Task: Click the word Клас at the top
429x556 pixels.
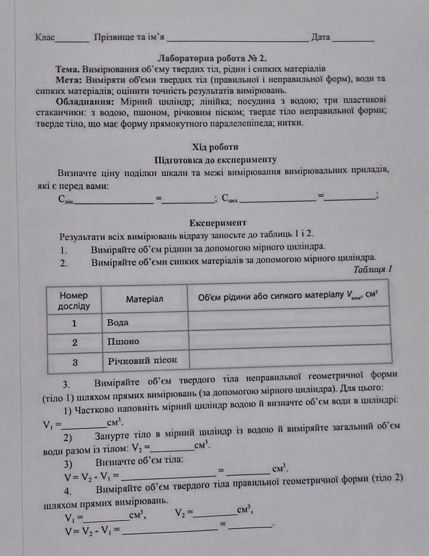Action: click(45, 37)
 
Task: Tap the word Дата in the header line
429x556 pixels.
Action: click(320, 37)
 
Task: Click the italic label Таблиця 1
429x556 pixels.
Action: click(373, 269)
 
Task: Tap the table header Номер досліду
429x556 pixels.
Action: click(74, 301)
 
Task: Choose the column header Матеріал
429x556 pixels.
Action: click(145, 299)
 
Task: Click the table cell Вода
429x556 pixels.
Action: click(118, 323)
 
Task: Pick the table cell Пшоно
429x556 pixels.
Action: click(123, 341)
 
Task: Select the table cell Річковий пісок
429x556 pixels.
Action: click(142, 360)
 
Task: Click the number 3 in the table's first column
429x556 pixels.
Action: click(75, 362)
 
